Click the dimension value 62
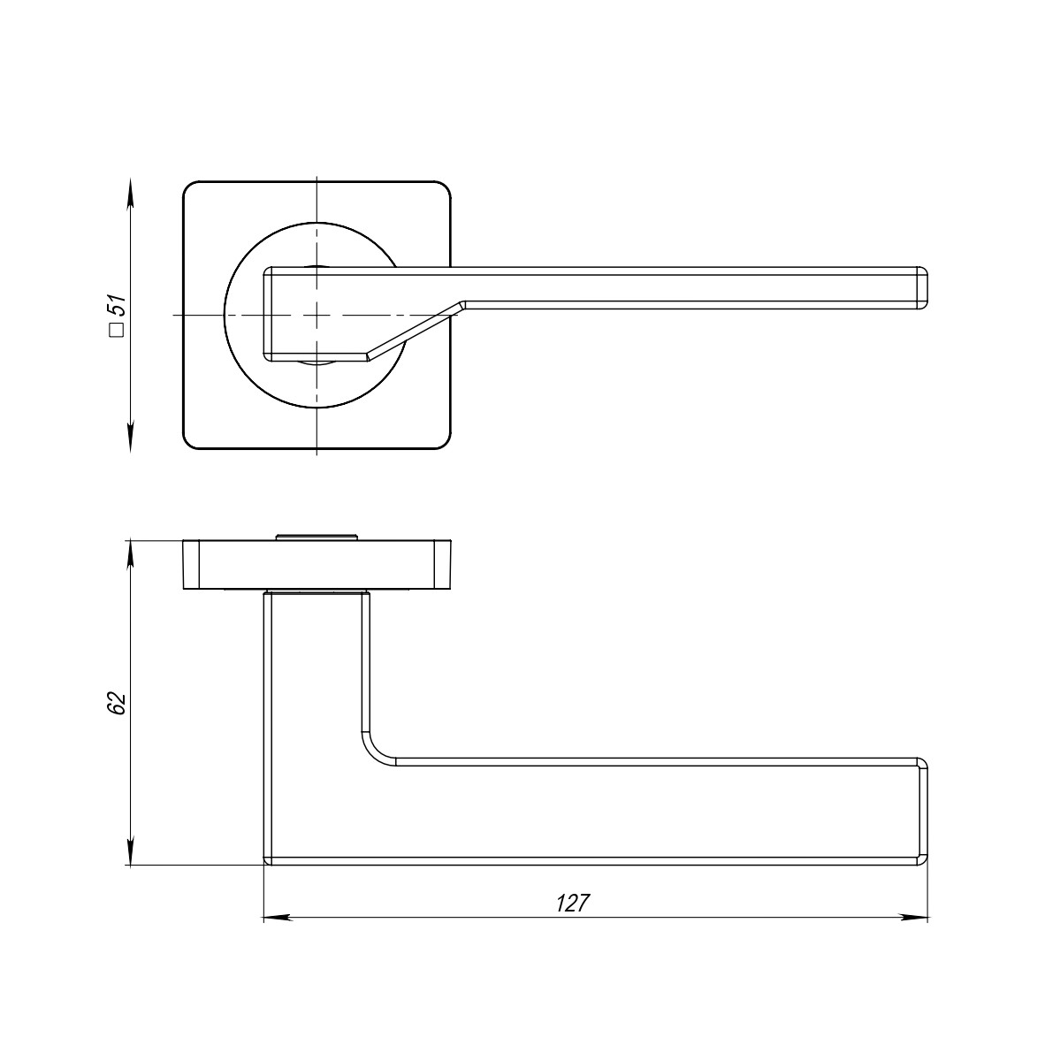pyautogui.click(x=117, y=704)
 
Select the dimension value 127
pyautogui.click(x=572, y=904)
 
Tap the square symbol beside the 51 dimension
pyautogui.click(x=115, y=331)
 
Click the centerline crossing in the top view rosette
pyautogui.click(x=316, y=315)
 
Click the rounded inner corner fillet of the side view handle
pyautogui.click(x=375, y=749)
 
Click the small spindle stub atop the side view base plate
pyautogui.click(x=316, y=535)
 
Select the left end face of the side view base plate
pyautogui.click(x=190, y=564)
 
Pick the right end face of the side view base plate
pyautogui.click(x=443, y=564)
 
